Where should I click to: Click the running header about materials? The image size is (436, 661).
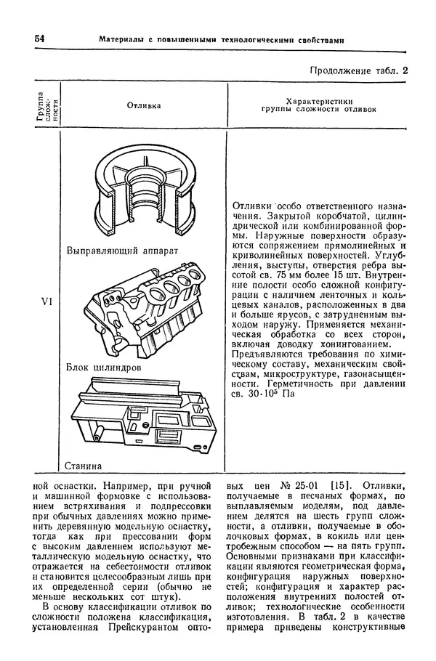[221, 39]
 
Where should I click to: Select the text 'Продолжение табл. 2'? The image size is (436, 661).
[360, 70]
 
